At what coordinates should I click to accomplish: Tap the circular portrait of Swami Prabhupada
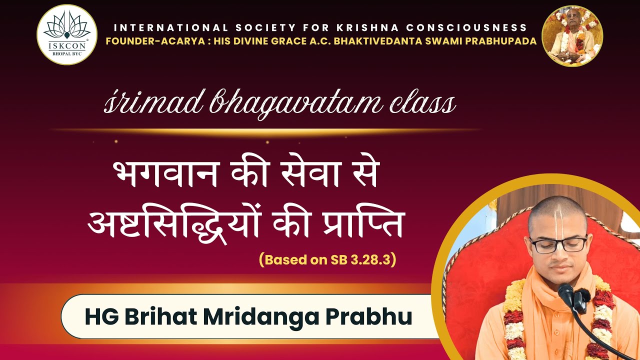click(x=572, y=36)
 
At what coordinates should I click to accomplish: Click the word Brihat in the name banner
click(x=156, y=317)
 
